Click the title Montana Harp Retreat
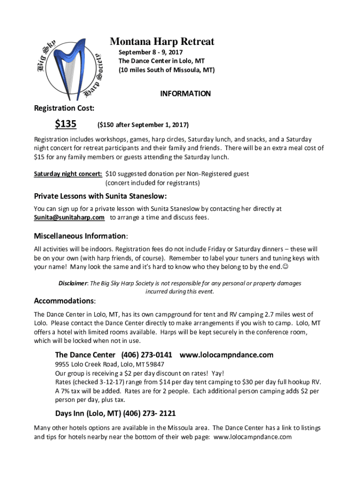(x=162, y=42)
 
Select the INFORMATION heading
(x=185, y=94)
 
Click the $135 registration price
(x=66, y=124)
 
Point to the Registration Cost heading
(x=64, y=109)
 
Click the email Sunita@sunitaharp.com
(x=69, y=218)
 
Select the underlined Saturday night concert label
(x=68, y=174)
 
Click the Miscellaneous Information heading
(x=80, y=236)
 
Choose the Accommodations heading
(x=65, y=300)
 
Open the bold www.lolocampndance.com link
(x=226, y=355)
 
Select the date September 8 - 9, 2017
(x=151, y=52)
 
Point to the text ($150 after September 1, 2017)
(x=143, y=125)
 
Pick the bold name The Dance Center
(x=85, y=355)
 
